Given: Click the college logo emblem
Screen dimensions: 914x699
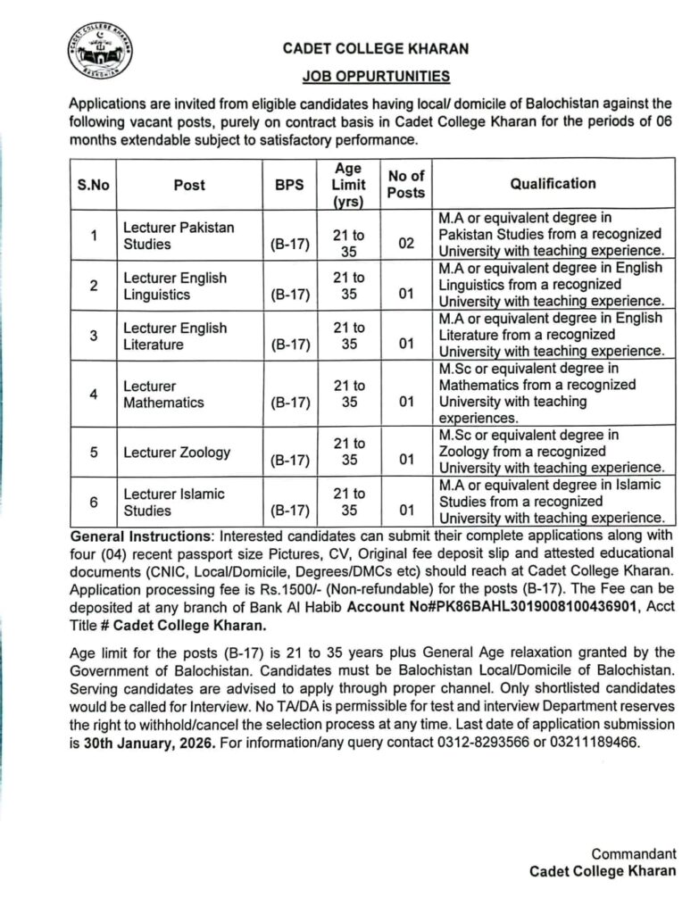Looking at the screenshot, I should (99, 54).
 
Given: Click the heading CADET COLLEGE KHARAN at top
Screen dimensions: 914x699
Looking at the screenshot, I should (376, 49).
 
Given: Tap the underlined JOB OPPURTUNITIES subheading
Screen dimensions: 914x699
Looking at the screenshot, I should (374, 77).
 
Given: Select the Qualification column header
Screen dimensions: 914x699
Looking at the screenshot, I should (553, 183).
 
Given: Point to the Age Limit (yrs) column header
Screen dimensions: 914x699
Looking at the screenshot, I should (348, 185).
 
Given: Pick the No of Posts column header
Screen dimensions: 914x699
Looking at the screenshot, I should (406, 184).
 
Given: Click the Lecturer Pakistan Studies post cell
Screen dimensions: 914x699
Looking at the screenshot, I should (179, 235).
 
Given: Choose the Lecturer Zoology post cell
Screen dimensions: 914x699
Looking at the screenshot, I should (177, 452).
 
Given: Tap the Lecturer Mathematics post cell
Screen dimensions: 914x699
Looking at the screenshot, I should (164, 394).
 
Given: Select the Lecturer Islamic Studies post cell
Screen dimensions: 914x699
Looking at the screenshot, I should (174, 503).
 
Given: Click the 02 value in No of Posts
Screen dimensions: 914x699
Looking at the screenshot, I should (406, 243).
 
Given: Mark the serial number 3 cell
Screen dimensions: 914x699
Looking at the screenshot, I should (93, 335).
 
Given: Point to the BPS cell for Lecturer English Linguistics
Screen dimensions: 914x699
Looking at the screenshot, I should (290, 294).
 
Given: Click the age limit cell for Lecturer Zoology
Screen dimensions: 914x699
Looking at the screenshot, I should (348, 452).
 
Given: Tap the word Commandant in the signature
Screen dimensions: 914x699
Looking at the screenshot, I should (634, 853).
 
